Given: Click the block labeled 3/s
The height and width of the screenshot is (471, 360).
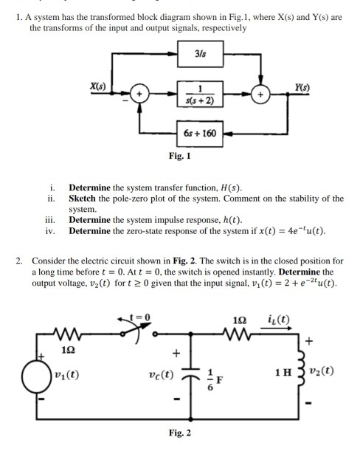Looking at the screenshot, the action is point(200,54).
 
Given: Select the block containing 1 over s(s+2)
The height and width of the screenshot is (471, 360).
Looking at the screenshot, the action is point(200,94).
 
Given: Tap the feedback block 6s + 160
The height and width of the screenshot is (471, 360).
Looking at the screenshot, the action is point(200,134).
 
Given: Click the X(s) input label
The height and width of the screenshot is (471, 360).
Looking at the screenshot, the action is point(98,86).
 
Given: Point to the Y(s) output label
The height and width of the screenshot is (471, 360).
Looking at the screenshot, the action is point(302,87).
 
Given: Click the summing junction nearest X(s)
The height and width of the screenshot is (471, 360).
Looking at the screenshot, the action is point(139,94).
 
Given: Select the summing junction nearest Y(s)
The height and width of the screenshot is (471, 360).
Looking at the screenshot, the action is point(260,94).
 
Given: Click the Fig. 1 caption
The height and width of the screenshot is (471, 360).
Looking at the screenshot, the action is point(179,156).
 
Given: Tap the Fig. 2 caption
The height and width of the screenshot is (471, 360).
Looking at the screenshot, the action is point(179,433).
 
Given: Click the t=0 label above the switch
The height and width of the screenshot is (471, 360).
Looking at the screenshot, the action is point(139,317).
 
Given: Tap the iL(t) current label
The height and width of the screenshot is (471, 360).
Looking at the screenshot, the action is point(278,320).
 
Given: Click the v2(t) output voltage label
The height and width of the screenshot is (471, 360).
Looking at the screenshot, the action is point(322,371).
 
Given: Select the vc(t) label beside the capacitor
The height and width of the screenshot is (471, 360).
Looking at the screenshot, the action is point(162,374).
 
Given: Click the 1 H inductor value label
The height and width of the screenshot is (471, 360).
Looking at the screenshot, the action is point(283,373).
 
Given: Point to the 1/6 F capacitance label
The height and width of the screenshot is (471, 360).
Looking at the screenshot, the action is point(215,379).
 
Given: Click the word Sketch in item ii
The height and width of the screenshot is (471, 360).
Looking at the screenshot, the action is point(82,199).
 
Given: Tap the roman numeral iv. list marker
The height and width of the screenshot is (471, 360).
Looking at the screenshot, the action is point(50,231).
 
